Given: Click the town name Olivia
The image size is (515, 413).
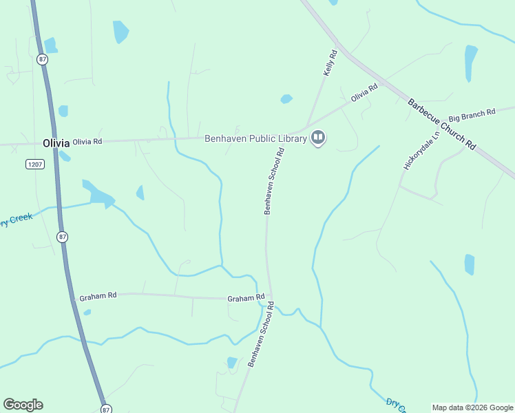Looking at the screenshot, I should (56, 143).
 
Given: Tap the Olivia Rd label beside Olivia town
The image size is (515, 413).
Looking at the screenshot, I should (87, 141).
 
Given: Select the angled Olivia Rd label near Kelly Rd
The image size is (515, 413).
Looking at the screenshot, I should (364, 93).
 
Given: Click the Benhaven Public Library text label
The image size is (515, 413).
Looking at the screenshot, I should (255, 138).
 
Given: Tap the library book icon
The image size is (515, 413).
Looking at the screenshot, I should (318, 138).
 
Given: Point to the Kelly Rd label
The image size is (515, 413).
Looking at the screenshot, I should (330, 63).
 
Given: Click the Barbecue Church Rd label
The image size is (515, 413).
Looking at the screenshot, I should (441, 124).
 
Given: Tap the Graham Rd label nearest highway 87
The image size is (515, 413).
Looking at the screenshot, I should (98, 296).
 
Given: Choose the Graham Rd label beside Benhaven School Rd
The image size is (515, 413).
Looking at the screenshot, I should (246, 298).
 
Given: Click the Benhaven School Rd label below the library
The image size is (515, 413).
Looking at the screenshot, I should (273, 182).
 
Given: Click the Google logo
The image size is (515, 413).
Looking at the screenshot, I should (23, 405).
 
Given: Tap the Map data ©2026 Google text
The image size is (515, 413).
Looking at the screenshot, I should (472, 407).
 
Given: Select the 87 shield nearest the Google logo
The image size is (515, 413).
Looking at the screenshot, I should (105, 409).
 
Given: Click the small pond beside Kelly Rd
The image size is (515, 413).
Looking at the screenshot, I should (286, 99).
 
